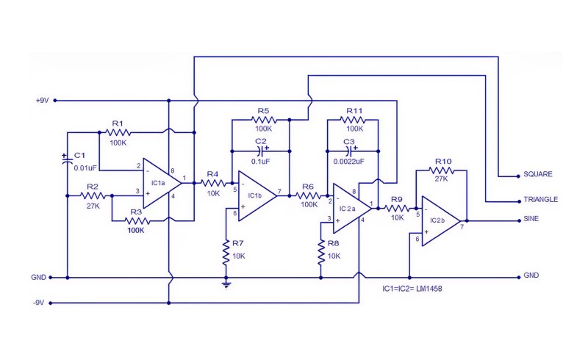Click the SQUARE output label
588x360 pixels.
click(538, 174)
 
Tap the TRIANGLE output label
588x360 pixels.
click(541, 200)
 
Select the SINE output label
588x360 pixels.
click(531, 219)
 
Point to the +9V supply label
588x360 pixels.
click(42, 101)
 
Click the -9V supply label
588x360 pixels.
click(39, 303)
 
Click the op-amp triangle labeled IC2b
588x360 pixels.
click(441, 221)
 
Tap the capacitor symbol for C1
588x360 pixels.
click(67, 160)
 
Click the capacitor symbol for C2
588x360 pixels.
click(262, 151)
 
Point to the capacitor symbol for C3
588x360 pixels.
click(351, 151)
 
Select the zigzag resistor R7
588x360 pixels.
click(226, 253)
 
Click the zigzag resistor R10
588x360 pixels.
click(442, 170)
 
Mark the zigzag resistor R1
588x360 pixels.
click(118, 132)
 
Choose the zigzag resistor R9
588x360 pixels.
click(397, 208)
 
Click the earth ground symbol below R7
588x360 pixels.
click(226, 284)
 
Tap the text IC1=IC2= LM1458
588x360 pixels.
click(412, 289)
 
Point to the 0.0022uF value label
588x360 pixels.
click(348, 162)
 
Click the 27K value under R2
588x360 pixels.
click(93, 206)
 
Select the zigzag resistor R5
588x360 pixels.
click(265, 120)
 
